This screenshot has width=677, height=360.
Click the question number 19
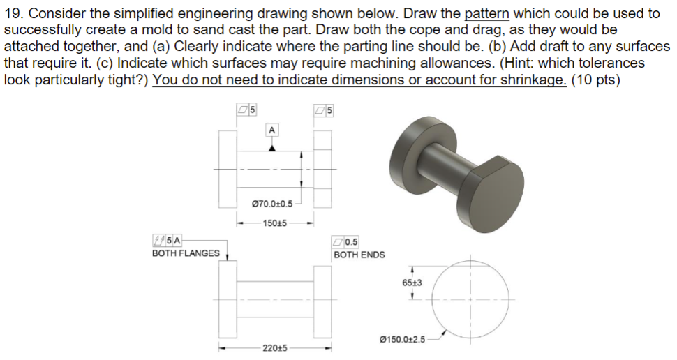coord(13,13)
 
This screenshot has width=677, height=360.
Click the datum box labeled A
coord(271,130)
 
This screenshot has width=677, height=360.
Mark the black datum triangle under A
coord(272,147)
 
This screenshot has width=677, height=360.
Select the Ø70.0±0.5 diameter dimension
coord(272,204)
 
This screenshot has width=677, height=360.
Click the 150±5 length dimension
coord(275,223)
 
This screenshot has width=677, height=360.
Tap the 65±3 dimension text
coord(412,282)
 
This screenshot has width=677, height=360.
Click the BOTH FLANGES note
coord(186,253)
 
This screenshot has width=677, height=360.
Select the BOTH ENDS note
coord(359,255)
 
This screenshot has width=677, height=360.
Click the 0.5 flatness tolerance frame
coord(346,242)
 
